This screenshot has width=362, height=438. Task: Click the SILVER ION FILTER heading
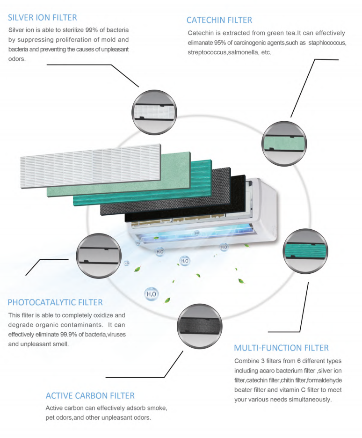[x=43, y=18]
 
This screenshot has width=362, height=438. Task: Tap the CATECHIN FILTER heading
[x=219, y=20]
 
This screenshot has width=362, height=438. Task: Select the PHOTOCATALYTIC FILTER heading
[x=55, y=302]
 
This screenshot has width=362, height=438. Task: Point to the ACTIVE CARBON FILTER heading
[x=90, y=395]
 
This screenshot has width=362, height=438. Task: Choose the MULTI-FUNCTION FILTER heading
[x=281, y=348]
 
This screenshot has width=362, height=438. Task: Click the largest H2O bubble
[x=152, y=294]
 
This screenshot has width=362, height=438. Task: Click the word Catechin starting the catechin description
[x=201, y=33]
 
